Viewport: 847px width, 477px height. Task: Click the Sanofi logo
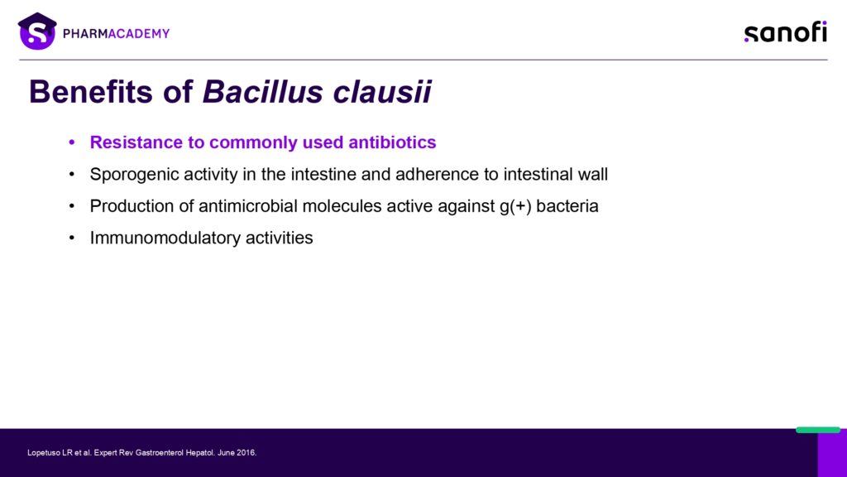[x=786, y=32]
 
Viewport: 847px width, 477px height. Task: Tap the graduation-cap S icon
[x=37, y=31]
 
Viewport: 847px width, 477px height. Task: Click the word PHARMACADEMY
[x=116, y=33]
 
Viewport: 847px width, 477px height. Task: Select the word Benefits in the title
[x=91, y=91]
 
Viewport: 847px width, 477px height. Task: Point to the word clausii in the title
[x=382, y=91]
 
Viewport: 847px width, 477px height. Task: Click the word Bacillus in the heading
[x=263, y=91]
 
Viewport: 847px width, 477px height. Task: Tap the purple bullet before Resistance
[x=72, y=142]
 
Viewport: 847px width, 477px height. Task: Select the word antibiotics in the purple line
[x=392, y=142]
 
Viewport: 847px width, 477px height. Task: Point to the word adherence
[x=437, y=174]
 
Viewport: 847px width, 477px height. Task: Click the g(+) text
[x=515, y=206]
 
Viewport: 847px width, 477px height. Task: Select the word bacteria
[x=567, y=206]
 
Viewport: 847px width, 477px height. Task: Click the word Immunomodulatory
[x=165, y=238]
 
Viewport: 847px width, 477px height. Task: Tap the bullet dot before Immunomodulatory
[x=72, y=238]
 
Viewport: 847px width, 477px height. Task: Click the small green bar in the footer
[x=818, y=430]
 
